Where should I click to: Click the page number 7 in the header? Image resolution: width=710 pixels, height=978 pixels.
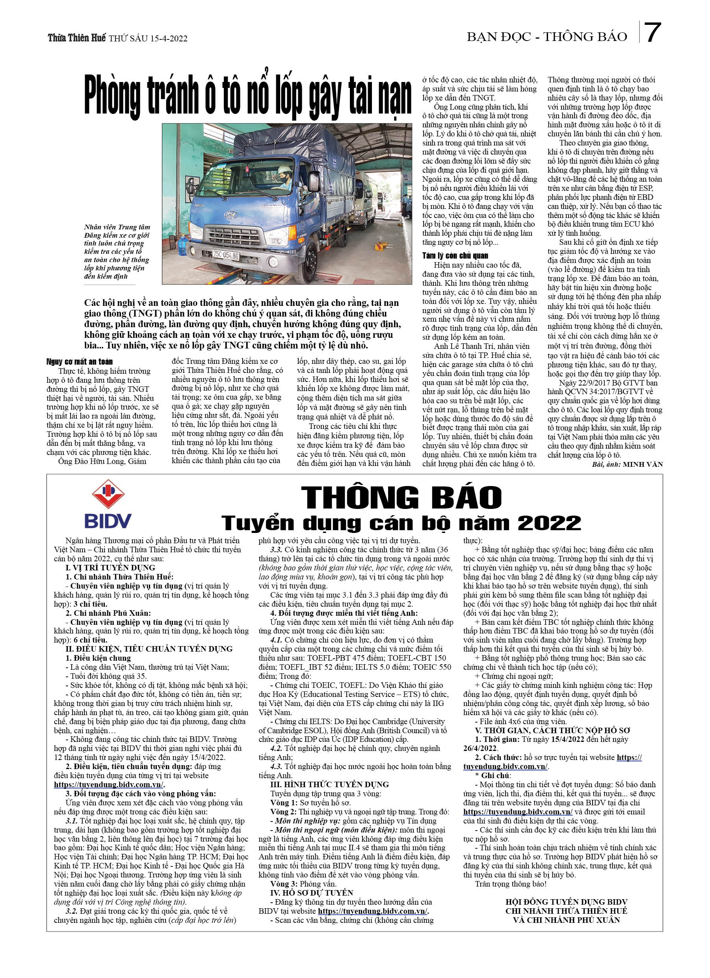coord(653,33)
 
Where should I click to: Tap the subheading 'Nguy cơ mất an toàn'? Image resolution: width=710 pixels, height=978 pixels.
coord(79,361)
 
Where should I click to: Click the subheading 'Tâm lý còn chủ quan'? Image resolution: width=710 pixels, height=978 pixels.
coord(455,256)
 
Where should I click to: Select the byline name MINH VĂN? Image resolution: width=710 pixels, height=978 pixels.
coord(642,464)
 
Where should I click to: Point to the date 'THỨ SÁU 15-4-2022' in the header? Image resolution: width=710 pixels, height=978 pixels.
coord(148,38)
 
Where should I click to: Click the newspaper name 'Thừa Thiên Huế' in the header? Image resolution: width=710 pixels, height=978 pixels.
coord(76,38)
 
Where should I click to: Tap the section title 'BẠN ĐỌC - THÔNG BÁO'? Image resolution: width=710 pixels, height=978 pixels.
coord(546,37)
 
